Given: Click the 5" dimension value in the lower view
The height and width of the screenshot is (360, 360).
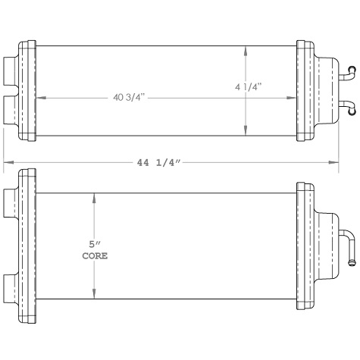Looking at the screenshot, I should point(94,245).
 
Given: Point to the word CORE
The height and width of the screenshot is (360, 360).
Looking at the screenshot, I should point(94,256).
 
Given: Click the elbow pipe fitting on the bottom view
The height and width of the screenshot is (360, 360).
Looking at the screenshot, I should point(346,246).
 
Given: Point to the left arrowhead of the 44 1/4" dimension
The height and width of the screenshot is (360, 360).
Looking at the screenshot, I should point(8,161).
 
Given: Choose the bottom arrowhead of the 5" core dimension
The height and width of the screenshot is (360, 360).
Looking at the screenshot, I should point(94,299).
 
